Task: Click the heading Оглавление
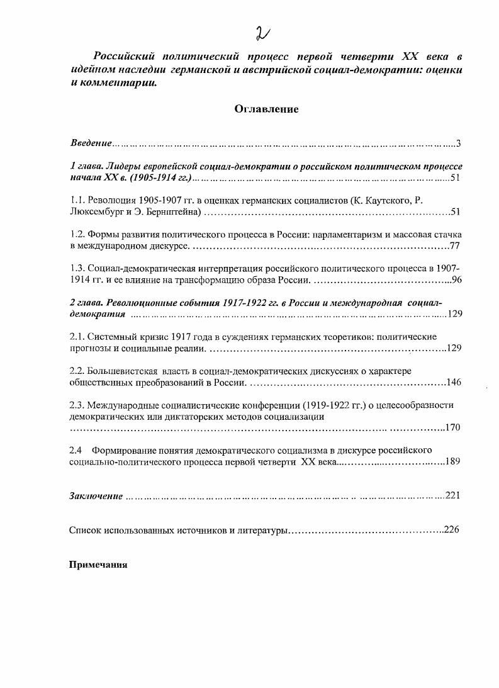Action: coord(266,109)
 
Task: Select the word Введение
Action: coord(91,144)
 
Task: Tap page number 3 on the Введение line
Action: coord(459,144)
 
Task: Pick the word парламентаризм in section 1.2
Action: coord(337,234)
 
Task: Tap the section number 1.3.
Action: coord(76,268)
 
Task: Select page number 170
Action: coord(453,427)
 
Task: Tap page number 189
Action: coord(453,461)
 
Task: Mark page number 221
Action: coord(453,496)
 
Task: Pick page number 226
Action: coord(451,530)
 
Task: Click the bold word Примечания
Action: coord(98,565)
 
